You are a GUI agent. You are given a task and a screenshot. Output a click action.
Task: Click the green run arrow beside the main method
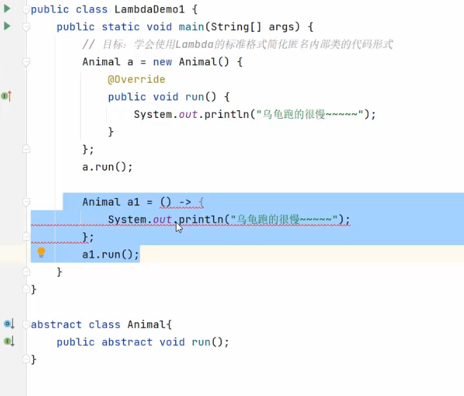pyautogui.click(x=7, y=26)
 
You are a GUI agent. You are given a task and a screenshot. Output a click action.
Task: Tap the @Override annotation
pyautogui.click(x=136, y=79)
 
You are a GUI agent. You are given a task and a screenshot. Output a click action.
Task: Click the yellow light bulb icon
pyautogui.click(x=41, y=252)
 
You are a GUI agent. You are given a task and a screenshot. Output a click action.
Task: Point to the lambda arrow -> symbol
pyautogui.click(x=185, y=202)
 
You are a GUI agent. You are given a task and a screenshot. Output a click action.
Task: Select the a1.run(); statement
pyautogui.click(x=110, y=254)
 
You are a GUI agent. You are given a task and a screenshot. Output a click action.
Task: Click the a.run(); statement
pyautogui.click(x=107, y=167)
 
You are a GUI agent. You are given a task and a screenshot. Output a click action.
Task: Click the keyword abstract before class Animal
pyautogui.click(x=56, y=324)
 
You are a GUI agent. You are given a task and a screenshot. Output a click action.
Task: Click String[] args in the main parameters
pyautogui.click(x=261, y=27)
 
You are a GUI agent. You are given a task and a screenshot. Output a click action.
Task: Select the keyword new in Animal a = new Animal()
pyautogui.click(x=162, y=62)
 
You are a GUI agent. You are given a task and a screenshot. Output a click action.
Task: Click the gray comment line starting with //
pyautogui.click(x=237, y=44)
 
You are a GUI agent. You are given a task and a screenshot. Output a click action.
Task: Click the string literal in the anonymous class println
pyautogui.click(x=311, y=114)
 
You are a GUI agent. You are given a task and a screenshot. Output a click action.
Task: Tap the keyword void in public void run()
pyautogui.click(x=165, y=97)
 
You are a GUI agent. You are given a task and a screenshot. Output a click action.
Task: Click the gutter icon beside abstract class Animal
pyautogui.click(x=8, y=324)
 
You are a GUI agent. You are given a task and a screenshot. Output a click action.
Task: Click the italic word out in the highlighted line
pyautogui.click(x=162, y=220)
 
